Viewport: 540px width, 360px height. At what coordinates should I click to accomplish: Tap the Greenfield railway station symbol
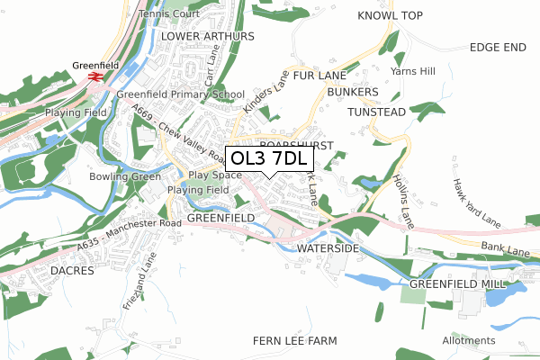[x=94, y=77]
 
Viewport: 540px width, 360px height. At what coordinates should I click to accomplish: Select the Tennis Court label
[x=169, y=15]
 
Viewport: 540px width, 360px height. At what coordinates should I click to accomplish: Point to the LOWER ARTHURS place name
[x=208, y=36]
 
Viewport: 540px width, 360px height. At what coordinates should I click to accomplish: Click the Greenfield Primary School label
[x=180, y=94]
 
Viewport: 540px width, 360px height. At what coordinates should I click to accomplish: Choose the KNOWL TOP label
[x=390, y=16]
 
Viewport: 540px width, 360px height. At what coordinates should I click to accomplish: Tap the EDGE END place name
[x=497, y=48]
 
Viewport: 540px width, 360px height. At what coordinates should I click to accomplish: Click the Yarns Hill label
[x=411, y=70]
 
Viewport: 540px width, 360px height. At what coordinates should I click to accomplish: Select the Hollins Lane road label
[x=401, y=201]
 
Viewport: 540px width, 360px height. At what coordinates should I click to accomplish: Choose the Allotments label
[x=468, y=341]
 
